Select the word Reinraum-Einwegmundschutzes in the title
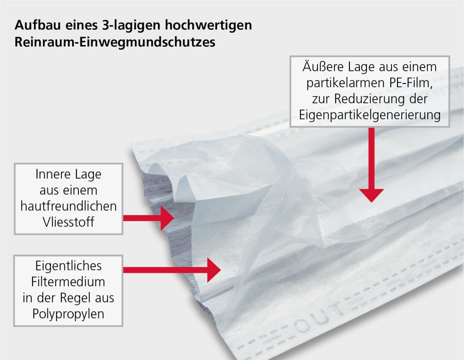(x=115, y=42)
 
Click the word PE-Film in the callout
(x=411, y=83)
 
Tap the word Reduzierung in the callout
(x=369, y=99)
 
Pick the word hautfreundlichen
(x=68, y=206)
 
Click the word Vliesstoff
(x=68, y=222)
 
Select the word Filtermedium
(x=68, y=282)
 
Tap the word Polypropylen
(x=68, y=314)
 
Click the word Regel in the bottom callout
(x=75, y=298)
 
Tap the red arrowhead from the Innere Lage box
(x=167, y=218)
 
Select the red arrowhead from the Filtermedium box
(x=214, y=270)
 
